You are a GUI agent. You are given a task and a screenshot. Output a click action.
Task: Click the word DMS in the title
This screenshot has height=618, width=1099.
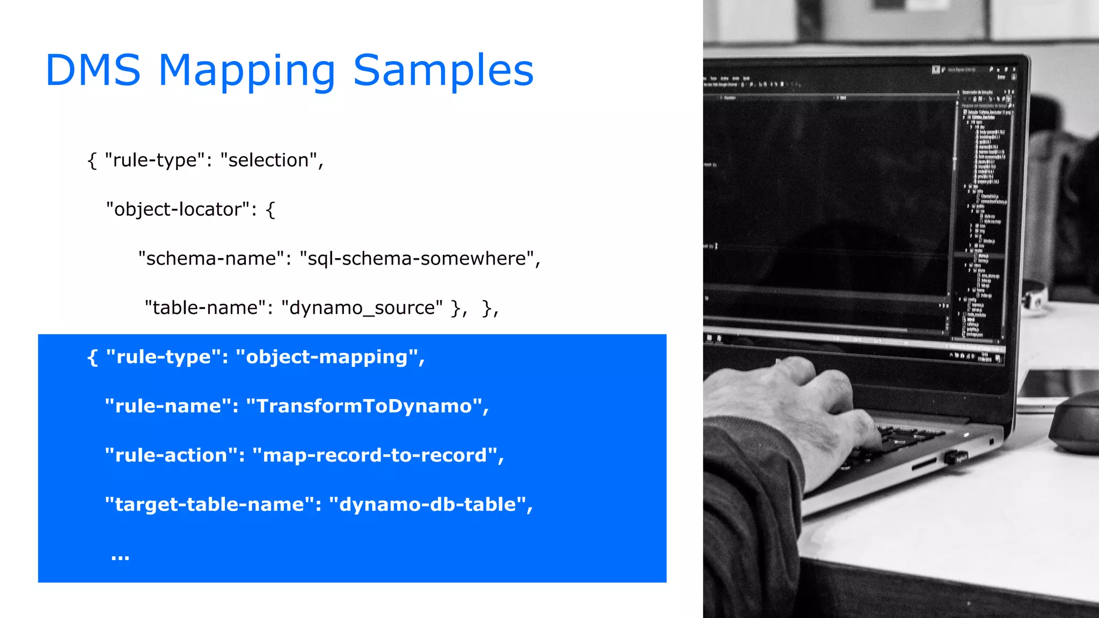click(93, 70)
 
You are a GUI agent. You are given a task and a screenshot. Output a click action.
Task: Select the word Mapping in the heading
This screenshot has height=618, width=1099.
click(247, 71)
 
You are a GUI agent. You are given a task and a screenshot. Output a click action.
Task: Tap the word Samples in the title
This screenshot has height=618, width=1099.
click(443, 70)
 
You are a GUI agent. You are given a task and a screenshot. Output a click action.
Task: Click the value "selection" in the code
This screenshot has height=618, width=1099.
click(268, 160)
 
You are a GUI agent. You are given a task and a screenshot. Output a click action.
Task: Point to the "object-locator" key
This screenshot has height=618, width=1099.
click(178, 209)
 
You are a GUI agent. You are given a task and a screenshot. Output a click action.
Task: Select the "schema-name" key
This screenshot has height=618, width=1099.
click(211, 259)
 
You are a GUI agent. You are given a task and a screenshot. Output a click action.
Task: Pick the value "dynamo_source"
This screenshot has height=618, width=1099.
click(362, 308)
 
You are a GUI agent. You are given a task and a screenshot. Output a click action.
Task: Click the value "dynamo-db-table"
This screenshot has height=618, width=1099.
click(427, 504)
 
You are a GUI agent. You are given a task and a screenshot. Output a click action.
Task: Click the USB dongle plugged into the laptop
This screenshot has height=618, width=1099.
click(956, 458)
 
